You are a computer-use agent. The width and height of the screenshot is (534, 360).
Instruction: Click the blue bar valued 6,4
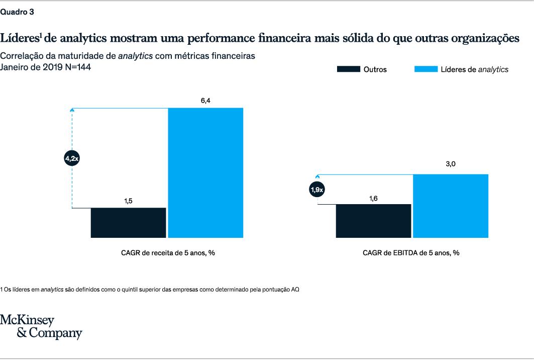(205, 172)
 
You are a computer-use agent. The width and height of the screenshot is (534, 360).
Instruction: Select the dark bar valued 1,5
(128, 222)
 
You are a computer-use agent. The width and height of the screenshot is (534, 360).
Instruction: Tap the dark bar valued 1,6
(373, 221)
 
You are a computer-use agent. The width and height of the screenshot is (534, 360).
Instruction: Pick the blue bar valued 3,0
(450, 206)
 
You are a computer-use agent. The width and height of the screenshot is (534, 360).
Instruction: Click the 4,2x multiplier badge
(72, 158)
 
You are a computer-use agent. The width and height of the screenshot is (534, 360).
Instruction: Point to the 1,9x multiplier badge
(317, 190)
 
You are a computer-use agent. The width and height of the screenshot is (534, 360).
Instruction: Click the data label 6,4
(205, 101)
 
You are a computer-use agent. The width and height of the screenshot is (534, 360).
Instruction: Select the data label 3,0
(450, 164)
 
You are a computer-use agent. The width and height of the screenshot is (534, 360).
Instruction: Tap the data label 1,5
(128, 201)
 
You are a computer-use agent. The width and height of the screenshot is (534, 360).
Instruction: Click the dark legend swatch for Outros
(348, 69)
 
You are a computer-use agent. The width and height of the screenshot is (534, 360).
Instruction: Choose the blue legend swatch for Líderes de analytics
(425, 69)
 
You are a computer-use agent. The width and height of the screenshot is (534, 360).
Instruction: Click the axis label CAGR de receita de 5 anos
(168, 253)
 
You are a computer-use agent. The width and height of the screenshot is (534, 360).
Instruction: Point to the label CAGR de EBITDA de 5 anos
(411, 253)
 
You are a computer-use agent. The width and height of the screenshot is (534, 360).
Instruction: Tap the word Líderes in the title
(19, 38)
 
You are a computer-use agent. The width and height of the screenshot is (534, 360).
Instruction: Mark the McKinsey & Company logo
(41, 327)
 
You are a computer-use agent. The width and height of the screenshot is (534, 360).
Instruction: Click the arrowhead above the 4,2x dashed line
(72, 109)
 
